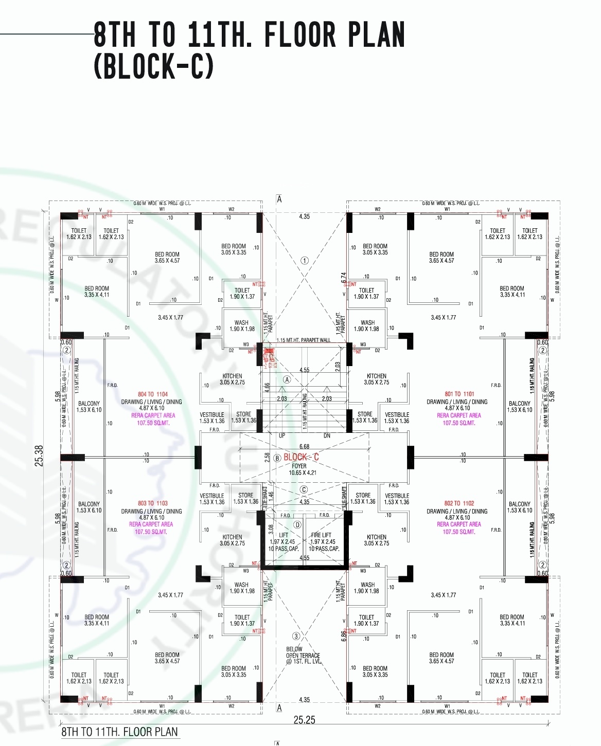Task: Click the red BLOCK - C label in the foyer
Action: (x=301, y=457)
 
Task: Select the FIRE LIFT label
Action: (x=322, y=535)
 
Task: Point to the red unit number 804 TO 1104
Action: (x=153, y=394)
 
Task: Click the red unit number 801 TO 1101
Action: (x=459, y=394)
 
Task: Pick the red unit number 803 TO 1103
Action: (x=153, y=503)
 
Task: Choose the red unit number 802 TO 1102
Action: (x=459, y=503)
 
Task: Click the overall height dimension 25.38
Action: (x=40, y=456)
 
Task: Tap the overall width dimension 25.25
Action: (x=304, y=720)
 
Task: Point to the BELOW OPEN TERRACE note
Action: (x=303, y=656)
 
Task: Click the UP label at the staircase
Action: (x=282, y=435)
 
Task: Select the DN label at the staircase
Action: (x=327, y=435)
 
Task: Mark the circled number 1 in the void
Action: (x=305, y=261)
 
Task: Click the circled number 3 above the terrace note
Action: (x=296, y=636)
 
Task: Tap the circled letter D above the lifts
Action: (x=297, y=525)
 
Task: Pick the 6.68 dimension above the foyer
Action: (x=304, y=447)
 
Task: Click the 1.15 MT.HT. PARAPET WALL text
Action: (x=303, y=340)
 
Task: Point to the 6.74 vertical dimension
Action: (x=344, y=278)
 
